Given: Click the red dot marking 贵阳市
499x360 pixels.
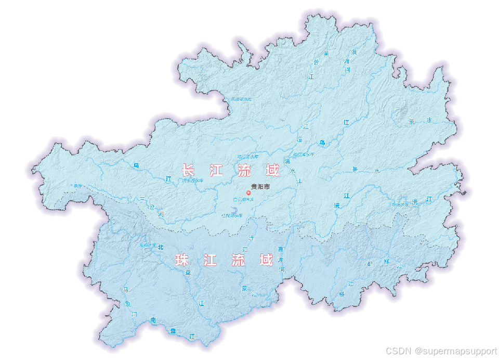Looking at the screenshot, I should point(248,192).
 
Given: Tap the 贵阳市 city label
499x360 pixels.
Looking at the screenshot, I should point(260,186).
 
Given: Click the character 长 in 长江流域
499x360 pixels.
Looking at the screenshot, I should point(188,170).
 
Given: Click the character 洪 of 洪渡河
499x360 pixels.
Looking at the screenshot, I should point(354,53).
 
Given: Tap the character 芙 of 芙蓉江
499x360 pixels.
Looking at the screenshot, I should point(326,54).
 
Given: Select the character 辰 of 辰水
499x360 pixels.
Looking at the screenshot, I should point(412,122).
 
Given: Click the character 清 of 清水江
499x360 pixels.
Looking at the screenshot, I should point(287,161).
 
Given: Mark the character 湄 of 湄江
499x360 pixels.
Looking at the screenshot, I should point(299,140).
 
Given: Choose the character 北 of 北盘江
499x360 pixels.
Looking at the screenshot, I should point(161,247).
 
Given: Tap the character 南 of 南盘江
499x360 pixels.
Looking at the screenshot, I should point(153,320).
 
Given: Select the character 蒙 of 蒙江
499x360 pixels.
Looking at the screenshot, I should point(244,288).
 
